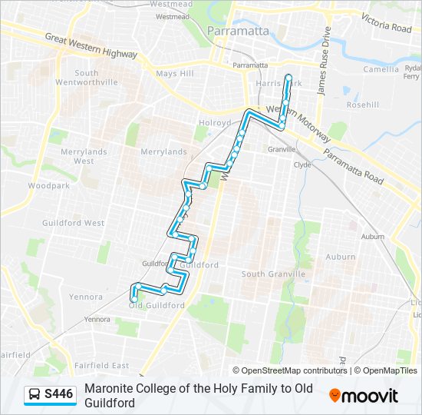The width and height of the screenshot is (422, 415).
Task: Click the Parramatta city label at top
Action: (238, 31)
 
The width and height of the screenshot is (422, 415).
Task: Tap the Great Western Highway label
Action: (91, 46)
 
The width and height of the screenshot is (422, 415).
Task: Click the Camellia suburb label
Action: (381, 68)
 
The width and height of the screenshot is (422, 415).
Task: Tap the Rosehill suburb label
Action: (362, 105)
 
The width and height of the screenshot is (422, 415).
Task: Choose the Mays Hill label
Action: (176, 74)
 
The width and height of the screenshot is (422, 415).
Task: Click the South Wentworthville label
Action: (96, 78)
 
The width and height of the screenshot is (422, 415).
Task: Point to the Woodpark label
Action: (48, 186)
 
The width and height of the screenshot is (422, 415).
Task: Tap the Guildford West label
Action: (84, 223)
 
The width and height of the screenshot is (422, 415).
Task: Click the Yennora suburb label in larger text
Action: (86, 297)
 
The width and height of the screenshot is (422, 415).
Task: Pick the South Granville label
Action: (273, 274)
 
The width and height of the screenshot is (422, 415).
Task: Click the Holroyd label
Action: (215, 123)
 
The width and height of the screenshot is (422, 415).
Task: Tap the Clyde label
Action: (302, 164)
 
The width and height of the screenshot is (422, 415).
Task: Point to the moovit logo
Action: (364, 395)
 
